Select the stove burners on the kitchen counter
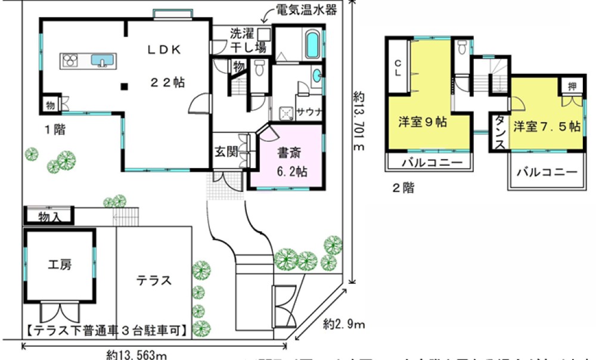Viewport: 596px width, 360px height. (x=70, y=60)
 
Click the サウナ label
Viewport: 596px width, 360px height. (x=309, y=111)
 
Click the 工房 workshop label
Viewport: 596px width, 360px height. (x=60, y=265)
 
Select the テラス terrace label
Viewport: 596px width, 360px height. (x=154, y=280)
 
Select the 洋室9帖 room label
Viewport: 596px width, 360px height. (x=423, y=123)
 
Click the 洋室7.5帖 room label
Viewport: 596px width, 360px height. (x=548, y=126)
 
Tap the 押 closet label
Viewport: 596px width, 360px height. (x=570, y=86)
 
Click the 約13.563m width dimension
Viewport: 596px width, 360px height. (x=136, y=354)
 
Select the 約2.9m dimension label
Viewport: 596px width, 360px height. (x=344, y=325)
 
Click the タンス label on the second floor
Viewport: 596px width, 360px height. (x=500, y=134)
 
